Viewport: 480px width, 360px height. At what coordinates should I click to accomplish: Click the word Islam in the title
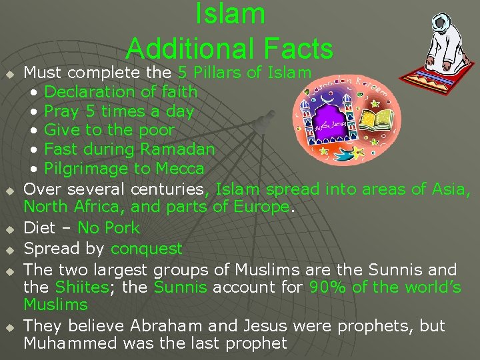click(230, 15)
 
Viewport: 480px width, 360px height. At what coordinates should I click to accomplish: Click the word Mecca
click(179, 168)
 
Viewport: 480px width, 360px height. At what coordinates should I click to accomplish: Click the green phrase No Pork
click(109, 228)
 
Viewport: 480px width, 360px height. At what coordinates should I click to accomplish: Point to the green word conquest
click(147, 249)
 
